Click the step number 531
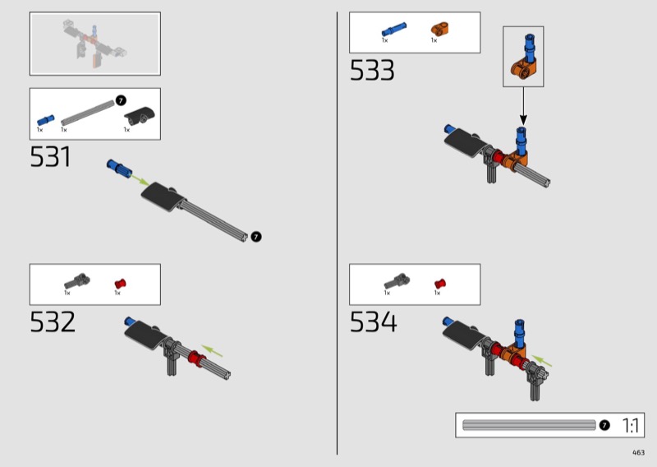[x=50, y=156]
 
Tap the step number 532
[x=53, y=321]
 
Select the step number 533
[x=372, y=70]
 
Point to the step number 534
[x=373, y=321]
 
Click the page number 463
[x=639, y=452]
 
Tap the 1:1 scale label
[x=631, y=425]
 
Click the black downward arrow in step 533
[x=523, y=106]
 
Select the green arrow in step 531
[x=139, y=180]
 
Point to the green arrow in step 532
[x=212, y=351]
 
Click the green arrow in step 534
[x=542, y=360]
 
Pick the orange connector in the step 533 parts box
[x=440, y=30]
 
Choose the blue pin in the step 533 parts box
[x=394, y=30]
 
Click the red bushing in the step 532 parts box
[x=121, y=283]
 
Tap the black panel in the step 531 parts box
[x=140, y=116]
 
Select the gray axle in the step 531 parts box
[x=88, y=113]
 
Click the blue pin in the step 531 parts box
[x=46, y=120]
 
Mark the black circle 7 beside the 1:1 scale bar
[x=604, y=425]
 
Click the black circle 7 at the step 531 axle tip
[x=256, y=237]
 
